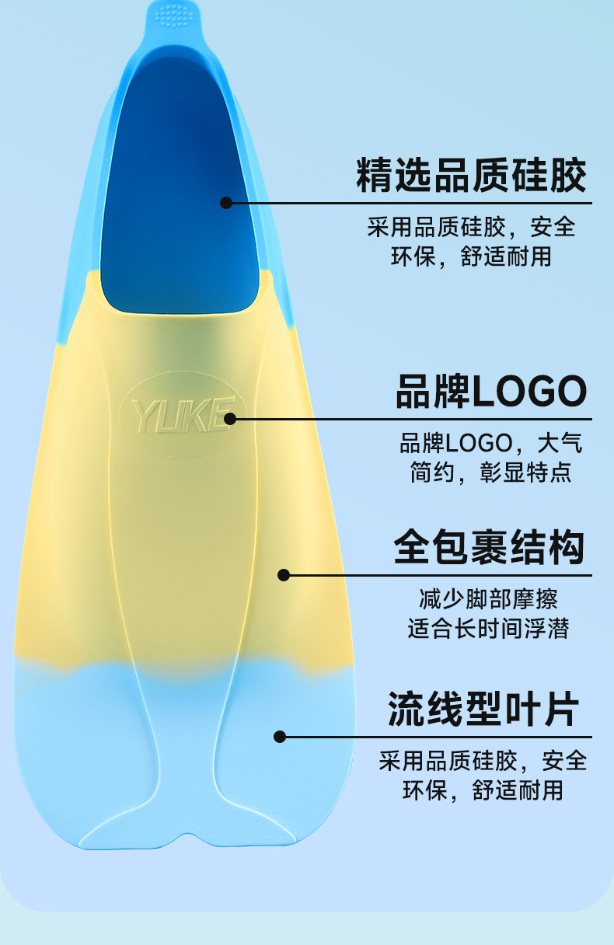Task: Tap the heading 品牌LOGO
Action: pos(491,391)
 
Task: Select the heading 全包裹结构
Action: pos(489,547)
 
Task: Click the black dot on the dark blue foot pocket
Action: pos(226,203)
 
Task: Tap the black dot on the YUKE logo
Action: pos(230,420)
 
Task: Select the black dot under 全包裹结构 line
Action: pos(284,575)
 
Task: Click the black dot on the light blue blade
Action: pos(280,736)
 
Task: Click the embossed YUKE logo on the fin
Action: pos(181,416)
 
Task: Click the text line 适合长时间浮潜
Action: pos(488,628)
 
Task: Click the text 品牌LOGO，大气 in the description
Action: pos(490,444)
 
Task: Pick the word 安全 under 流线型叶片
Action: pos(565,760)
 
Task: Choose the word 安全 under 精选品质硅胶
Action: pos(553,227)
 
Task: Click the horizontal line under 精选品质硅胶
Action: pos(412,203)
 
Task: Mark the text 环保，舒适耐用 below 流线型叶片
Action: pos(483,790)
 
